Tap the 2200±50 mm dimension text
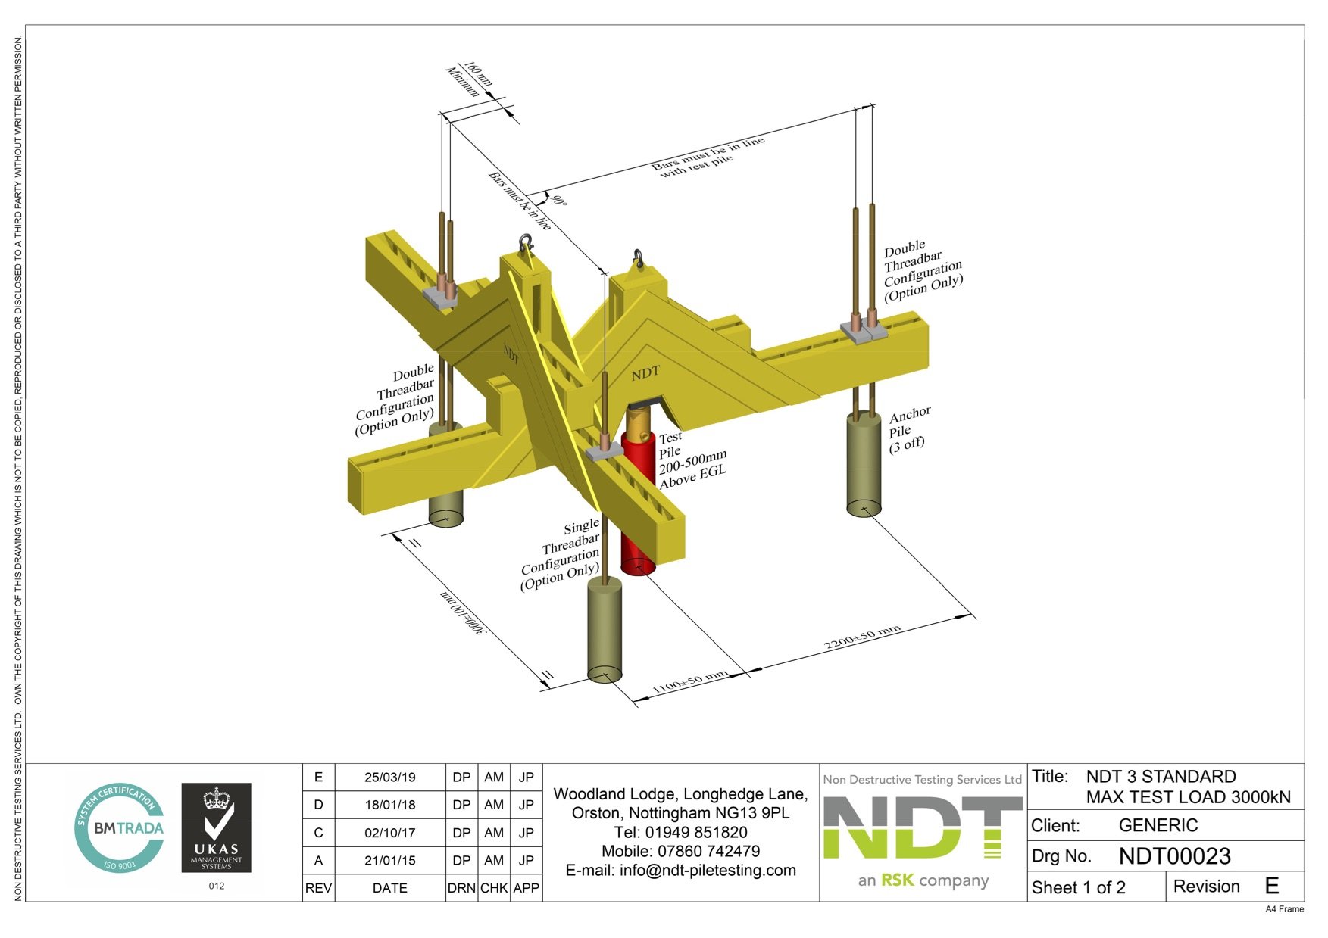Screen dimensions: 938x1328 coord(862,637)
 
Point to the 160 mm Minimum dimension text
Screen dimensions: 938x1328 coord(470,79)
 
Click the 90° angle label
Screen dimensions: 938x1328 coord(559,201)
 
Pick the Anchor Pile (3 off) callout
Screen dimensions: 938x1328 coord(908,429)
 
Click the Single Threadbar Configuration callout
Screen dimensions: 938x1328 coord(561,554)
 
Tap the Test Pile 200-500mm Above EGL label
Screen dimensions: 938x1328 coord(691,459)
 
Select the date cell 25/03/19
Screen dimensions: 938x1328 coord(389,777)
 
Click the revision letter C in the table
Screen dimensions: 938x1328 coord(318,833)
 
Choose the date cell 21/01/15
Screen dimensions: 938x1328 coord(389,860)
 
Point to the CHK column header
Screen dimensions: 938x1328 coord(494,888)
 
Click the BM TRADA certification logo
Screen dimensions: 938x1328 coord(120,827)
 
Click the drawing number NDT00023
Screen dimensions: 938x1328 coord(1174,856)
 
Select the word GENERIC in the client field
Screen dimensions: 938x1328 coord(1158,825)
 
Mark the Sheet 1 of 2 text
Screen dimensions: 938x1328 coord(1078,887)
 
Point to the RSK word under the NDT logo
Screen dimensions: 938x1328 coord(897,880)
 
